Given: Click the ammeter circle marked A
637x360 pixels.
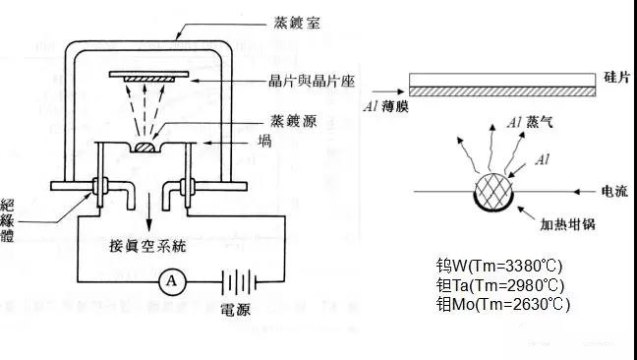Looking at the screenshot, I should click(171, 280).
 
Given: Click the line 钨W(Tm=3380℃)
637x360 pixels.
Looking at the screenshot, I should click(501, 267).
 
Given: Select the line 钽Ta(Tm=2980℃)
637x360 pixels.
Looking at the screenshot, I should click(502, 285).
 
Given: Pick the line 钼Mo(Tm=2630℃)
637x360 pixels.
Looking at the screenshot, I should click(502, 304).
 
